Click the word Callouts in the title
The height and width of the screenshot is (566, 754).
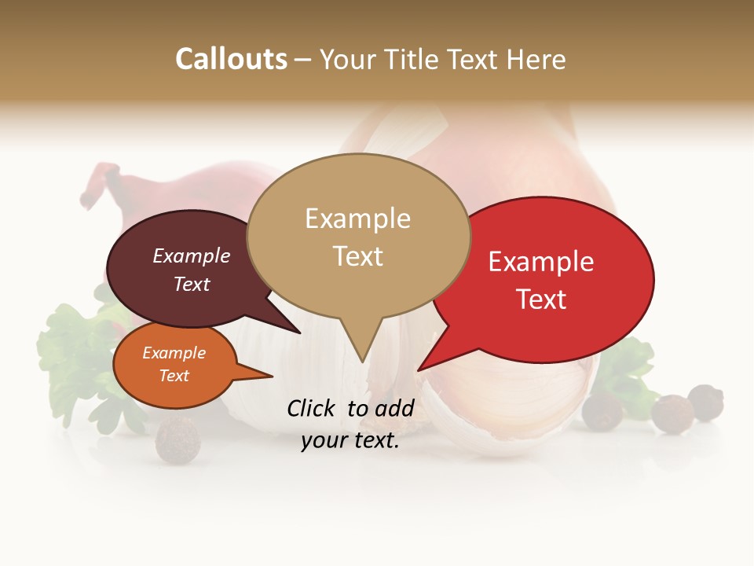[x=232, y=59]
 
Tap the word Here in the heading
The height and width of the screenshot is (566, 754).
[x=536, y=59]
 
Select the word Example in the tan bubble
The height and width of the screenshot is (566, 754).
[x=357, y=219]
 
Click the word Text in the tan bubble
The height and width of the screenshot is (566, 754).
[x=357, y=255]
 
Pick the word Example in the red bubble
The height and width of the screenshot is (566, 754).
[x=541, y=262]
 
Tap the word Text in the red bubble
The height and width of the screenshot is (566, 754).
[x=541, y=299]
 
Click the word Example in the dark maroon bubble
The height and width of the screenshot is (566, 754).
[x=192, y=255]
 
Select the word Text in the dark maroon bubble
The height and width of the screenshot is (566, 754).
[x=192, y=284]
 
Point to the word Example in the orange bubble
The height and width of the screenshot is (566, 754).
[x=174, y=353]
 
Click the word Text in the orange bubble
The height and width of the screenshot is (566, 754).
[x=174, y=376]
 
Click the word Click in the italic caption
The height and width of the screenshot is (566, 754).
[x=313, y=408]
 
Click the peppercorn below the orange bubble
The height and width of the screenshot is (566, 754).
[x=178, y=439]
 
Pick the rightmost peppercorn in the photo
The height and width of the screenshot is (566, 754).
[x=705, y=402]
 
